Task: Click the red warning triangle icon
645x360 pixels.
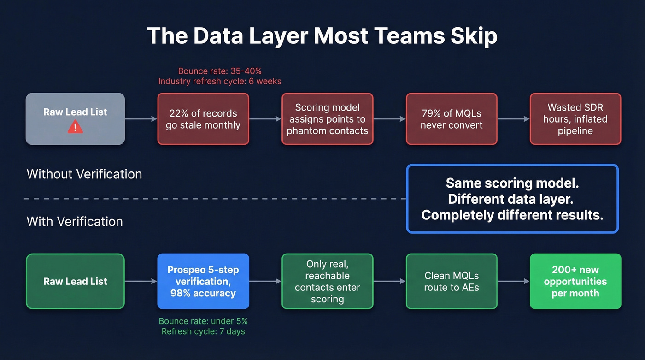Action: point(75,127)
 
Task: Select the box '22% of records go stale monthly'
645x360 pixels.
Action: point(203,119)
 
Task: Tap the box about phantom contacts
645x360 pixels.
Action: point(327,119)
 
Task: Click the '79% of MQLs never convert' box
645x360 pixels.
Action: point(451,119)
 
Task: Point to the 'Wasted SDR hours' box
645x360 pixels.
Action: point(575,119)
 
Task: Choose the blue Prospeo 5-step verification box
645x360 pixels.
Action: point(203,281)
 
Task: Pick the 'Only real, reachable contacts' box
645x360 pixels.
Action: point(327,281)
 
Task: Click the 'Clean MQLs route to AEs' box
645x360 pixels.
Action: point(451,281)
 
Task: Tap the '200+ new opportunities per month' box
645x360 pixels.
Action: point(575,281)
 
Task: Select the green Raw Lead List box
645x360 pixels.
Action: point(75,281)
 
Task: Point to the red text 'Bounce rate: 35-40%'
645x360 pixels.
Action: point(220,71)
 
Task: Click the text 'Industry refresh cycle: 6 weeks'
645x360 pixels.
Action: point(220,82)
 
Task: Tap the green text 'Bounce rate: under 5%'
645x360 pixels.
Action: point(203,321)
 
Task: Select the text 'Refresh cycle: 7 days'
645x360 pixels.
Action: point(203,331)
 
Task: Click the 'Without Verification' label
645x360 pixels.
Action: point(84,174)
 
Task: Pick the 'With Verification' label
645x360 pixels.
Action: point(75,222)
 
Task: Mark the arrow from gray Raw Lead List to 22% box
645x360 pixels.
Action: point(141,119)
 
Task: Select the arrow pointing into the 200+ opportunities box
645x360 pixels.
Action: point(514,281)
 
